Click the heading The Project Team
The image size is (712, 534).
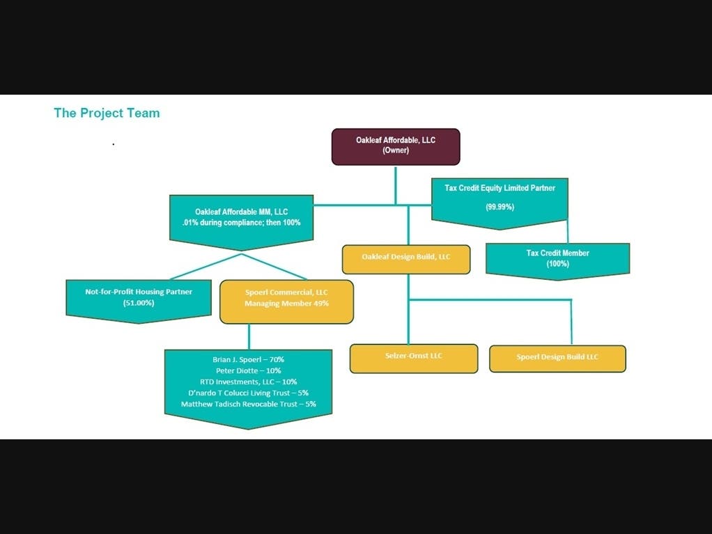pos(107,113)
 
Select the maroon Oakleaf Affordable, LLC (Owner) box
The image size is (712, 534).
pos(395,146)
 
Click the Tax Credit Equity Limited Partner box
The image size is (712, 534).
pos(500,198)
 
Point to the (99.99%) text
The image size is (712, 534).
pos(500,207)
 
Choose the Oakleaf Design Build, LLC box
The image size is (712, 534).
pos(406,258)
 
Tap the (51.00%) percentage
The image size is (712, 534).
pos(139,303)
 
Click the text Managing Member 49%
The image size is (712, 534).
pos(286,304)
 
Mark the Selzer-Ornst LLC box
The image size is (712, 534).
pos(414,357)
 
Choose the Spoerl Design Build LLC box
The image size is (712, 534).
pos(557,358)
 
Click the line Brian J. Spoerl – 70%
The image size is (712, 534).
pos(248,359)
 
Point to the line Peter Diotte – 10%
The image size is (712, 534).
pos(248,370)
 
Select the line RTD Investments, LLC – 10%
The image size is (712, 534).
pos(248,382)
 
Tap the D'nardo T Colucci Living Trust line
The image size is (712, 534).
pos(248,393)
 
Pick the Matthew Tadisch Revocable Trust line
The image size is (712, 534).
pos(248,404)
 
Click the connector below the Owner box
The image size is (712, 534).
pos(395,184)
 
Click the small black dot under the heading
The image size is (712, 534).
pos(113,144)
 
